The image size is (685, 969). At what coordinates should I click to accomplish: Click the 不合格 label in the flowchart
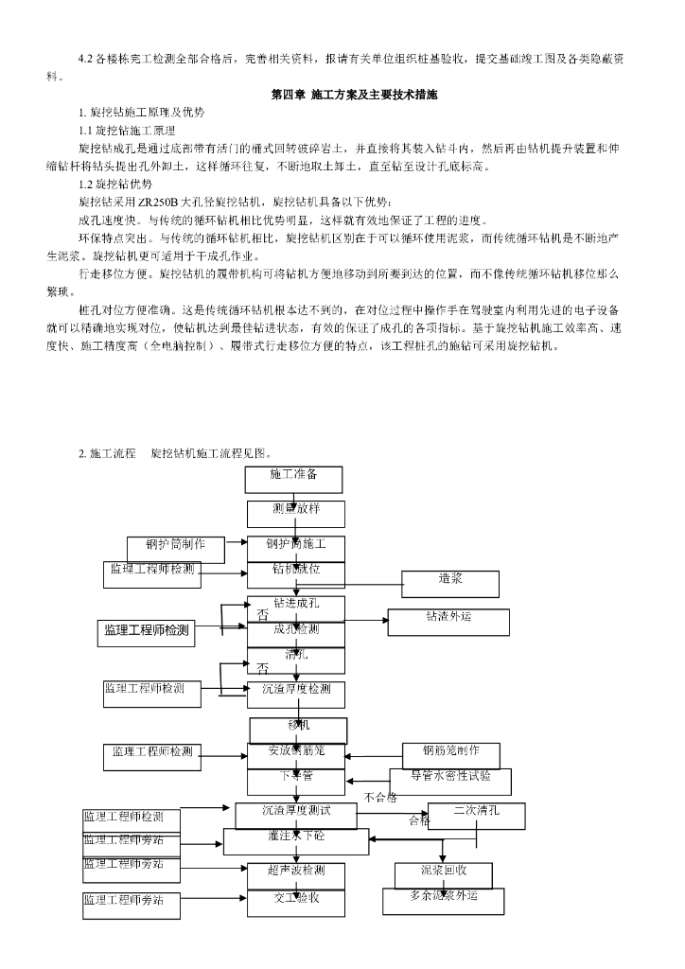tap(380, 798)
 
